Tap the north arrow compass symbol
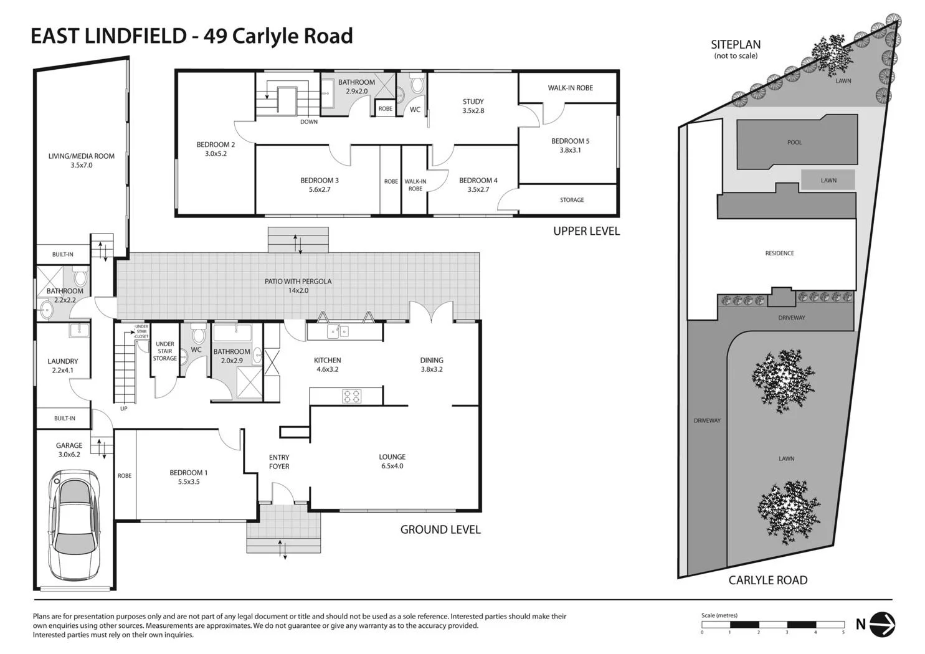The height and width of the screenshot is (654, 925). point(882,623)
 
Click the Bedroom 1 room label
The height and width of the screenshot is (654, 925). point(189,477)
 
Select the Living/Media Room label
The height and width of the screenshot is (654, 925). point(82,160)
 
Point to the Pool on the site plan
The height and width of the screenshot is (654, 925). point(794,143)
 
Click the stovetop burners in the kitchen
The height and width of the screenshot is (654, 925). point(352,396)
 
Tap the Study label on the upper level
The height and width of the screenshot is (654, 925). point(473,106)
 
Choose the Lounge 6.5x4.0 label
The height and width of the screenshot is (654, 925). point(392,461)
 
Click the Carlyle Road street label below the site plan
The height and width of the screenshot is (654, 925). point(767,580)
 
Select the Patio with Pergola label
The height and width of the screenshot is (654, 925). point(298,285)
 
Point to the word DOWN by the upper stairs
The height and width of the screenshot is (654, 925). point(309,122)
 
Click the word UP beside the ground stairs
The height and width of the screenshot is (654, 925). point(124,409)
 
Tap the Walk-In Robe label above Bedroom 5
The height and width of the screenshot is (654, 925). point(570,88)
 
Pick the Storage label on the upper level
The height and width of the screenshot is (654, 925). point(572,200)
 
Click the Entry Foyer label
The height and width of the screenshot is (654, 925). point(279,462)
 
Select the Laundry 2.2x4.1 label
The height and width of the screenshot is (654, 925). point(63,365)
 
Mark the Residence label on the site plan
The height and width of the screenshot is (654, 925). point(779,254)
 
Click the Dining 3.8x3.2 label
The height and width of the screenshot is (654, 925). point(432,364)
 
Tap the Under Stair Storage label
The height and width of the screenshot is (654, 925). point(165,351)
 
